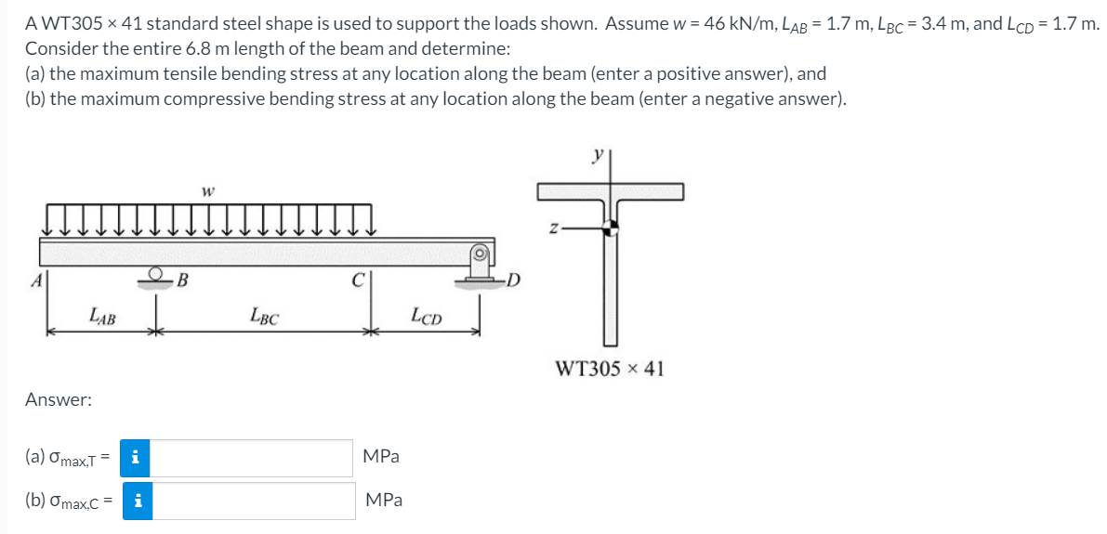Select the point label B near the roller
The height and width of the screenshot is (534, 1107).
[x=183, y=280]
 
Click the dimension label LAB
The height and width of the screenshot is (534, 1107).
[x=102, y=318]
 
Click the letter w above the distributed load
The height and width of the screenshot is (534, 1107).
[x=205, y=192]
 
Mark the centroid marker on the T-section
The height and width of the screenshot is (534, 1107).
[x=610, y=227]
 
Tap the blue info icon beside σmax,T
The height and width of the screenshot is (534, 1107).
[x=136, y=457]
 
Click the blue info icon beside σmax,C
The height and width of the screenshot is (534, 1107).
[x=136, y=500]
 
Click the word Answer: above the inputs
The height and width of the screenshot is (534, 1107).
[x=58, y=400]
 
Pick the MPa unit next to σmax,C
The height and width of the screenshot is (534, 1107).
[x=382, y=500]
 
